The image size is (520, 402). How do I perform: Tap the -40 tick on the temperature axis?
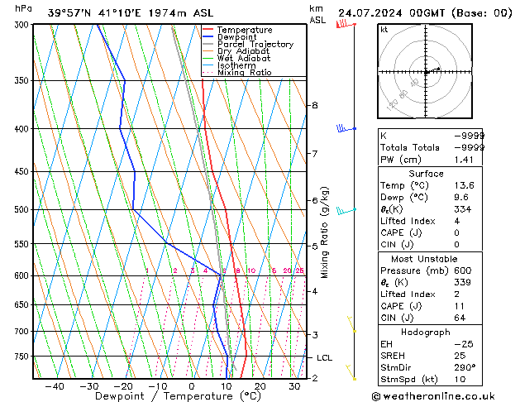pyautogui.click(x=55, y=385)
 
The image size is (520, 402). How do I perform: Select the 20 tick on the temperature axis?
pyautogui.click(x=260, y=385)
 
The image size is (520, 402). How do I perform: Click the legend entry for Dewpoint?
pyautogui.click(x=236, y=37)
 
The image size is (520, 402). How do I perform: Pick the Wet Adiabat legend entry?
pyautogui.click(x=243, y=59)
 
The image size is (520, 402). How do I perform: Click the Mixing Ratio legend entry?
pyautogui.click(x=244, y=73)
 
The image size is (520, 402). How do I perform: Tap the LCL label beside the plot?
pyautogui.click(x=325, y=358)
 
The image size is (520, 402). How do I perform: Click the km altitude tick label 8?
pyautogui.click(x=314, y=106)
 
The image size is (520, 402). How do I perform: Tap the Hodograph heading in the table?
pyautogui.click(x=425, y=332)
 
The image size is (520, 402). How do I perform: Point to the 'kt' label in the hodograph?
pyautogui.click(x=384, y=29)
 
